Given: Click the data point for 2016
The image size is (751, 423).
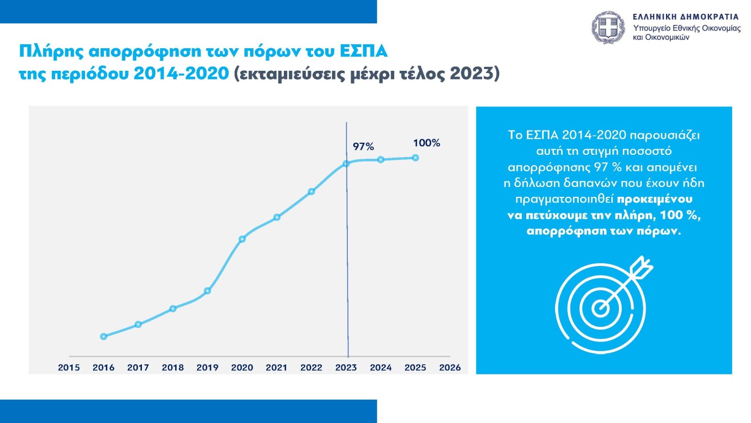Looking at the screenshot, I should pyautogui.click(x=103, y=336).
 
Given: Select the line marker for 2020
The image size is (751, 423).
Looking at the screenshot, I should pyautogui.click(x=242, y=239).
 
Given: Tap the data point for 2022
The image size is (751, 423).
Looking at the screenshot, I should pyautogui.click(x=311, y=191).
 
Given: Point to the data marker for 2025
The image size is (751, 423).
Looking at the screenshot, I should pyautogui.click(x=415, y=158).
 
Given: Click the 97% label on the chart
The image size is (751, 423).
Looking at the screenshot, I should pyautogui.click(x=363, y=147).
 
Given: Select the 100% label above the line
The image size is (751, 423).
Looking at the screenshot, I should pyautogui.click(x=426, y=143).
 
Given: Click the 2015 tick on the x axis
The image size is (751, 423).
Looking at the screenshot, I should pyautogui.click(x=69, y=368).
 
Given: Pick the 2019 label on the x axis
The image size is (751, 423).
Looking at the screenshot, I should pyautogui.click(x=207, y=368).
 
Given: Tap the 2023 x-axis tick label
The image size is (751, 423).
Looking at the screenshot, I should pyautogui.click(x=346, y=368).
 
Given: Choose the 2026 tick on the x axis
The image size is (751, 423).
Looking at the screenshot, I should pyautogui.click(x=449, y=368).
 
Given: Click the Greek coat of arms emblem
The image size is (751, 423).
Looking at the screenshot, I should pyautogui.click(x=609, y=28).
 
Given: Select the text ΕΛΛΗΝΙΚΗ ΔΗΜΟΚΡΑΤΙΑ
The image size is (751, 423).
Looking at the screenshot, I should pyautogui.click(x=686, y=17).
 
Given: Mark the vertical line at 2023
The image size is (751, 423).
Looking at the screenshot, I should pyautogui.click(x=347, y=265).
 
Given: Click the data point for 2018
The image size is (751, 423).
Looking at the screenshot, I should pyautogui.click(x=173, y=309).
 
